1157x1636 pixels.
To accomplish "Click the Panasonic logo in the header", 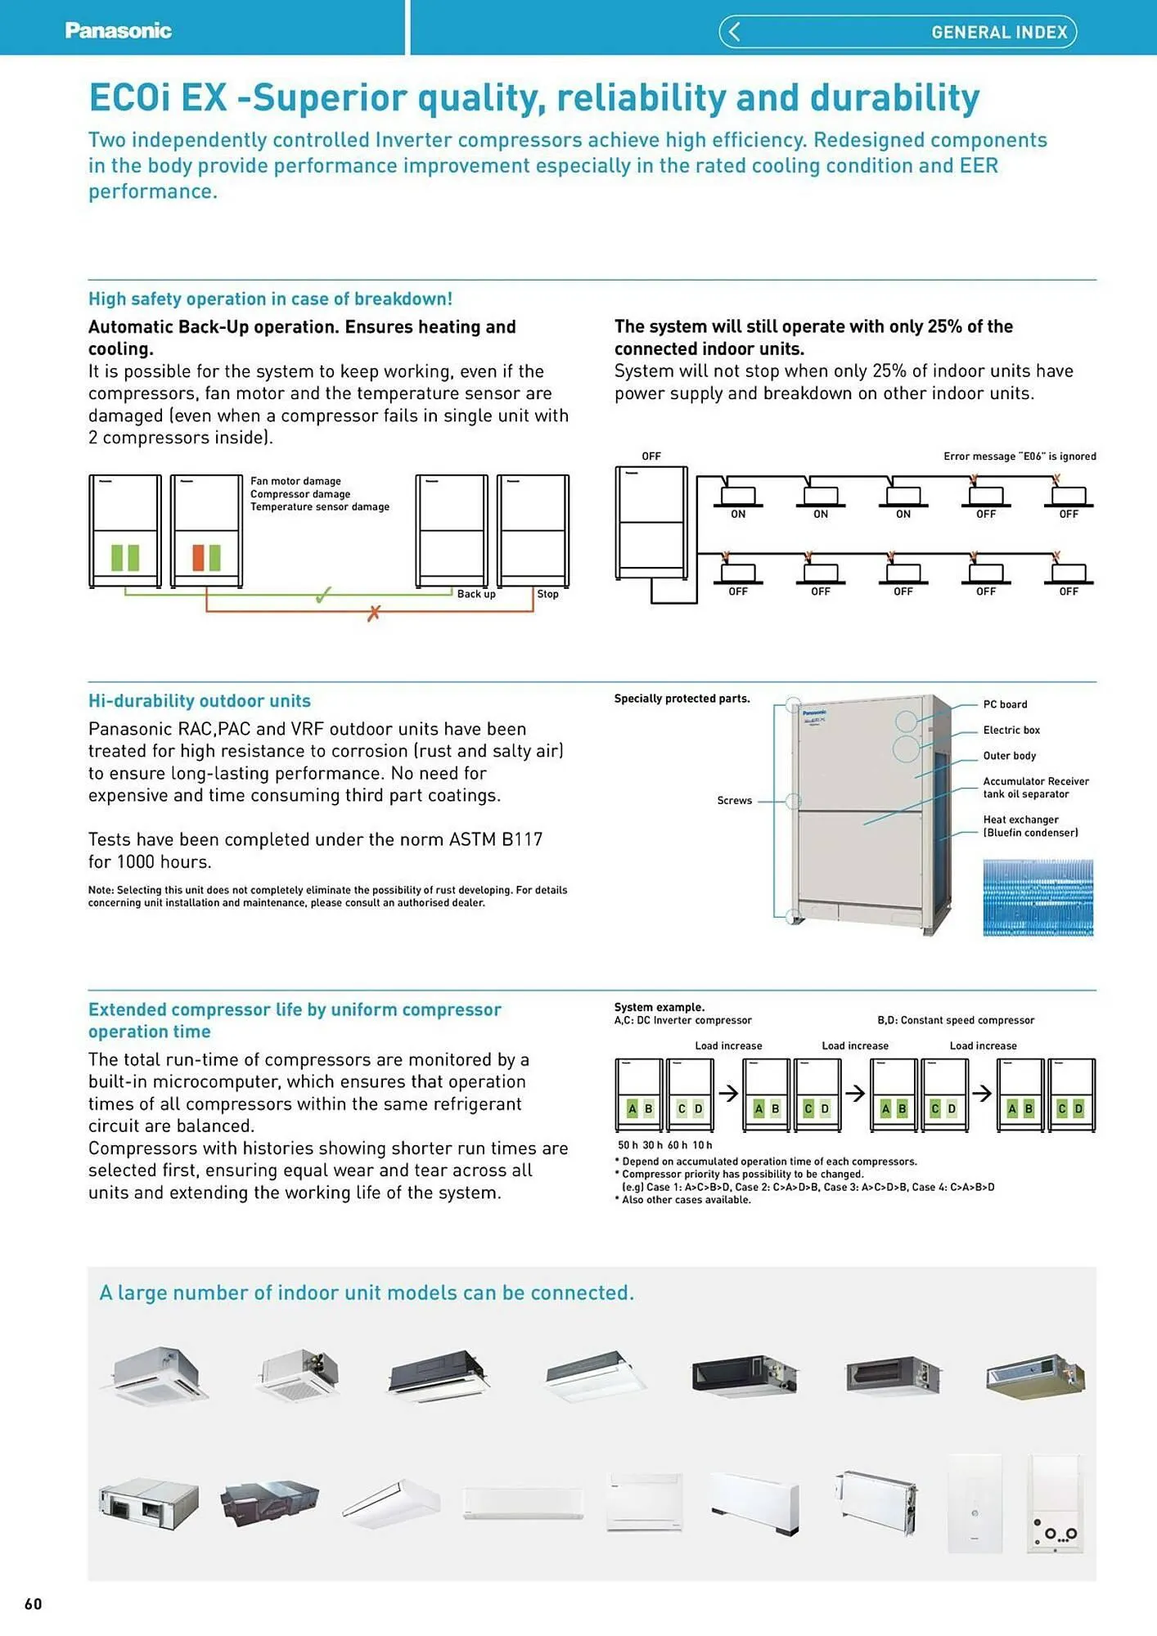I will [118, 31].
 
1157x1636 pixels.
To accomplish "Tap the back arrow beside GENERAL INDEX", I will [734, 32].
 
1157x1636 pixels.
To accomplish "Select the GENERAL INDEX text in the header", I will [999, 33].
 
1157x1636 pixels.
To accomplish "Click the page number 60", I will [33, 1604].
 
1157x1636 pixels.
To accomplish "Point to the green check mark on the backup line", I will [324, 595].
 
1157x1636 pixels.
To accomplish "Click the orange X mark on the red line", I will [374, 613].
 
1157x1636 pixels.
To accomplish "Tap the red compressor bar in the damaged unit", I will [198, 557].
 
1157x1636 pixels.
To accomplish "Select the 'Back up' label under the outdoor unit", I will [476, 594].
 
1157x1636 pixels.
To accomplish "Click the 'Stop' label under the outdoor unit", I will [547, 594].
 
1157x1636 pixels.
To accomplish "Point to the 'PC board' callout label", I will [1005, 704].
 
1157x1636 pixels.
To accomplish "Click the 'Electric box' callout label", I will [1011, 730].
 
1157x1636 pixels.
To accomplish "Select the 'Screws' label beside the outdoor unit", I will [734, 801].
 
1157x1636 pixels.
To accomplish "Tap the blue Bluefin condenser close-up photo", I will [1038, 897].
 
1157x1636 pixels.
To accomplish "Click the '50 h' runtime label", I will [628, 1145].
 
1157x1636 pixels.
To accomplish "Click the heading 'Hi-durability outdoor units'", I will [200, 701].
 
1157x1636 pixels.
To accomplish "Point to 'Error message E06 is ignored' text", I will [1019, 456].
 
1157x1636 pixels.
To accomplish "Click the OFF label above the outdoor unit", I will [651, 456].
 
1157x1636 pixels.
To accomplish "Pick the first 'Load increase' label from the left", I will [728, 1046].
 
